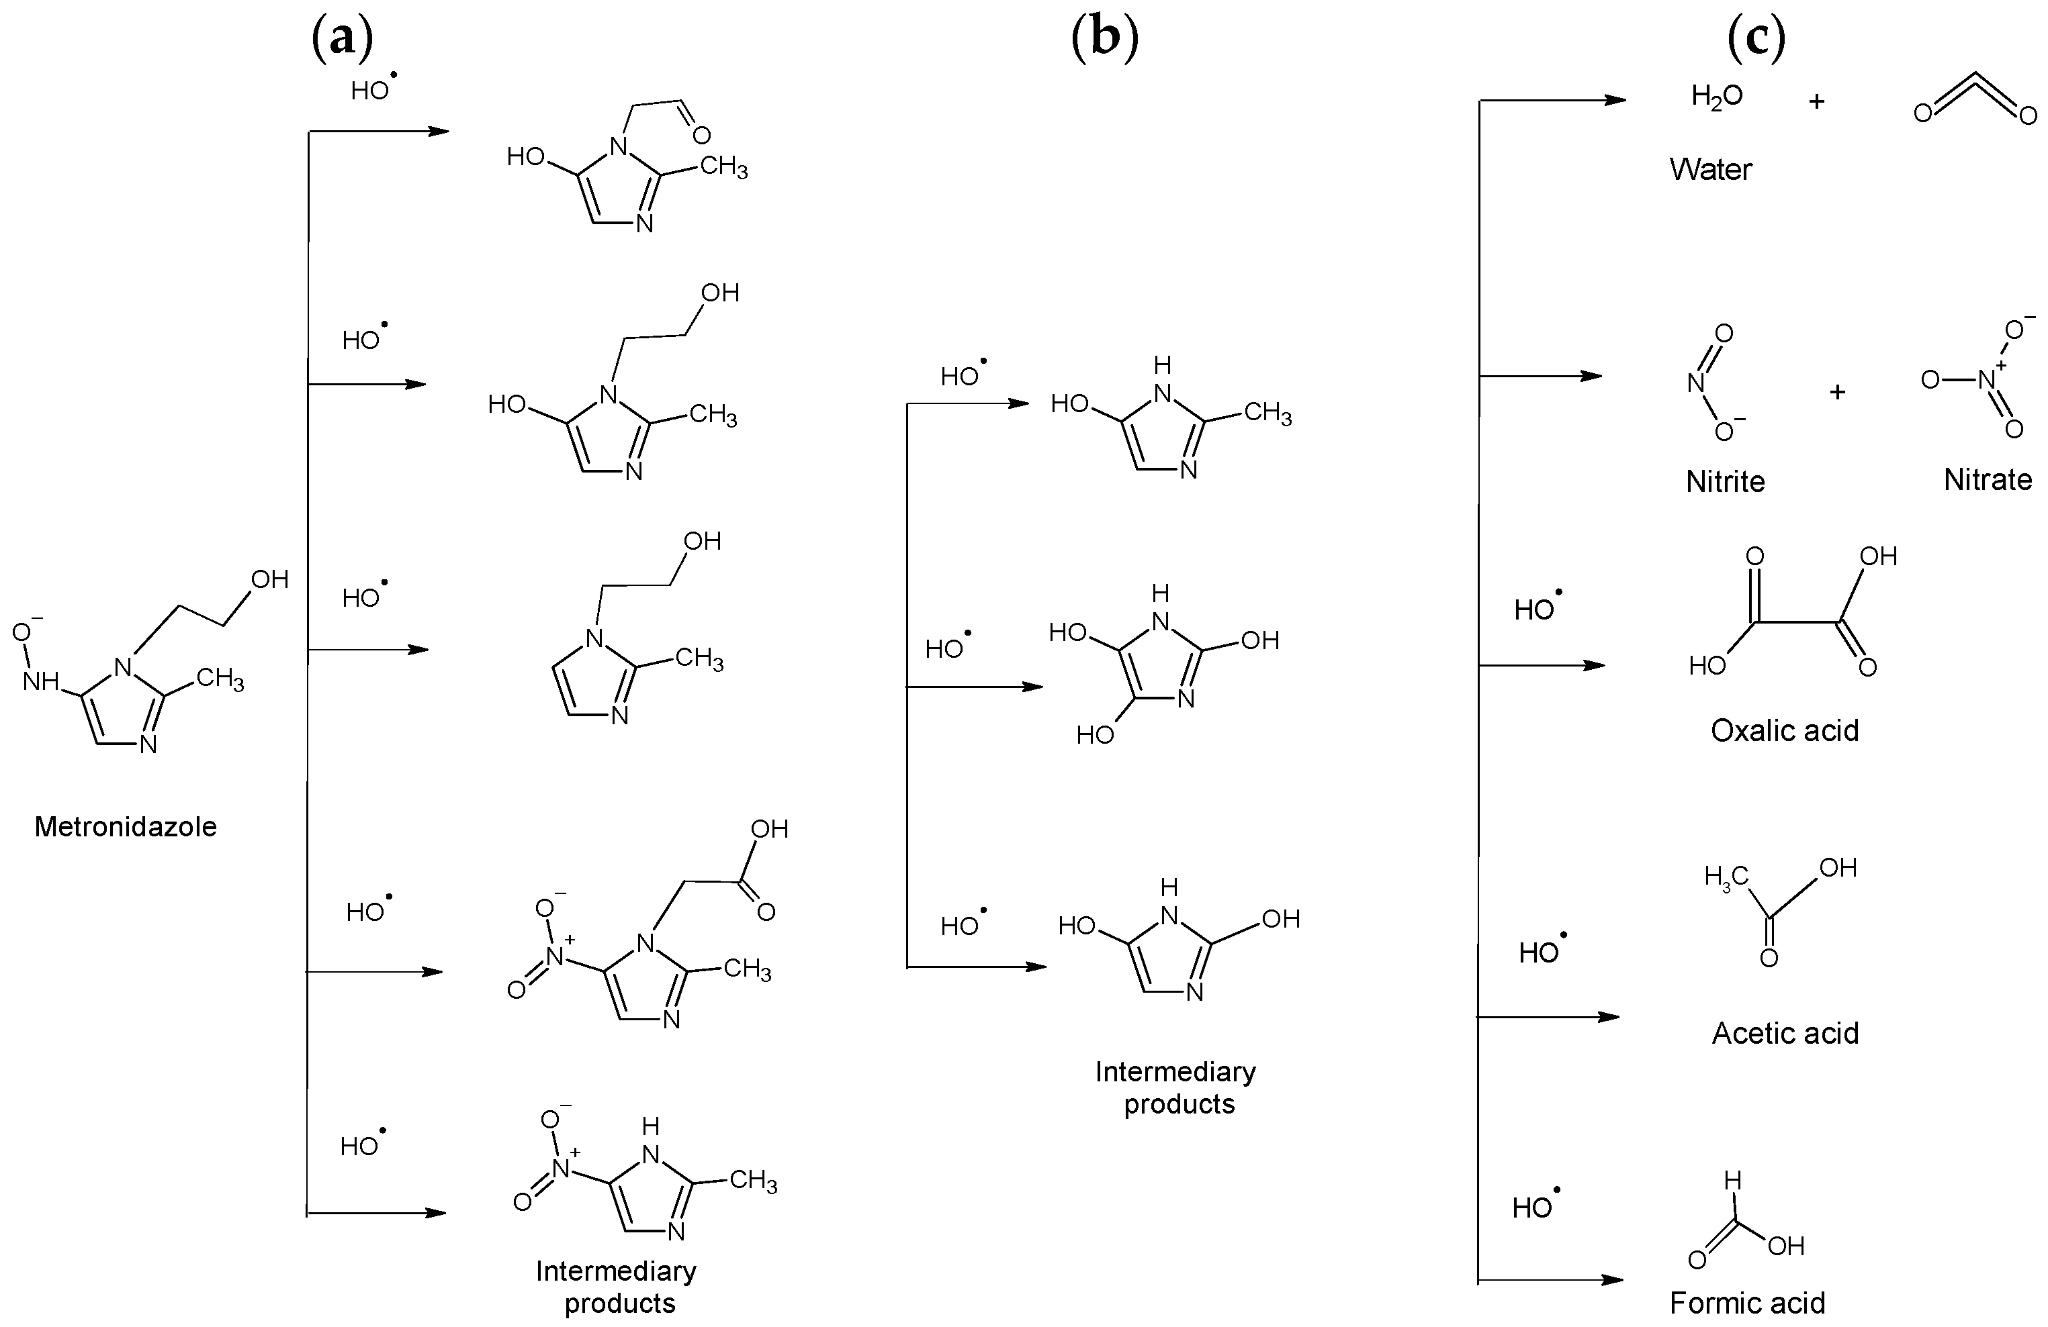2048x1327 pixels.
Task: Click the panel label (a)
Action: pos(343,40)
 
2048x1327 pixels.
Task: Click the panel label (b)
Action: pos(1105,40)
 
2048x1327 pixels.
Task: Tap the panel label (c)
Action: pos(1755,40)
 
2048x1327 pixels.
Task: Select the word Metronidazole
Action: pos(126,826)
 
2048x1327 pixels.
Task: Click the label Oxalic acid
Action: pos(1785,730)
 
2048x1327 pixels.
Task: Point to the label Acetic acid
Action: pos(1785,1032)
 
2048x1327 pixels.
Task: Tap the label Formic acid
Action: pos(1747,1302)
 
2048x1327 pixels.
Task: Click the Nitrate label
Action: pos(1987,479)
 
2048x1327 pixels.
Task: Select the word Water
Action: pos(1710,168)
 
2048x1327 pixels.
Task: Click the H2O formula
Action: pos(1716,97)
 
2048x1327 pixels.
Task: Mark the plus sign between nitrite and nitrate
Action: pos(1837,392)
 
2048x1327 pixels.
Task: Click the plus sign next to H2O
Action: pos(1816,101)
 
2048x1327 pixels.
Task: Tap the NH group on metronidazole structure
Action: pos(40,682)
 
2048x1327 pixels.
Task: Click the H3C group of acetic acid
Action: pos(1726,878)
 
